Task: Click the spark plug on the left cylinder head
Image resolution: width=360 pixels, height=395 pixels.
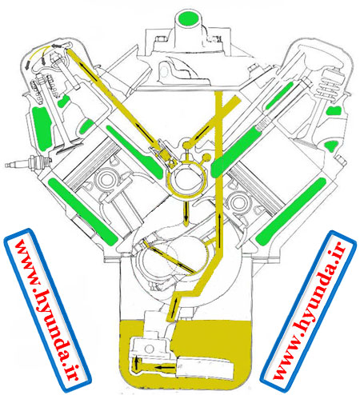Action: tap(28, 162)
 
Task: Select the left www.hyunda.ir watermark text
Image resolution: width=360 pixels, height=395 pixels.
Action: tap(47, 309)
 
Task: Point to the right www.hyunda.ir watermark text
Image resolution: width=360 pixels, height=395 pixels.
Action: tap(310, 310)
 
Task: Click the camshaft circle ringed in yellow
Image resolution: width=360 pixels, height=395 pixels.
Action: tap(186, 182)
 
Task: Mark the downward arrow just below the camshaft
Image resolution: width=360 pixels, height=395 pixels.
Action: tap(186, 213)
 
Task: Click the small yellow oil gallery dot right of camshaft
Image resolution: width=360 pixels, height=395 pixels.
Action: tap(206, 158)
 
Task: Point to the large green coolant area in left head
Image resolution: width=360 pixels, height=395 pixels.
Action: tap(42, 128)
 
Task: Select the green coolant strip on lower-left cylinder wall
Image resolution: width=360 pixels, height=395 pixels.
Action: tap(83, 211)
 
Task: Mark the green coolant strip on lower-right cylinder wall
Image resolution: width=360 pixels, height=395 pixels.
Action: tap(290, 211)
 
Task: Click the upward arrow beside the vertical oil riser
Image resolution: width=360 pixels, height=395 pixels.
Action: tap(219, 229)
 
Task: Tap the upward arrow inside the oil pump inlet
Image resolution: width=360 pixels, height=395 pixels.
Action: tap(137, 363)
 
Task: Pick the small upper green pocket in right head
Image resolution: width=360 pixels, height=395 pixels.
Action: tap(334, 110)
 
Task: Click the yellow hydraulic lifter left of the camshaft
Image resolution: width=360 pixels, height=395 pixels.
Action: tap(165, 154)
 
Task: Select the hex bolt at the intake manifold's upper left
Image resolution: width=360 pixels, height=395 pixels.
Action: tap(161, 39)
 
